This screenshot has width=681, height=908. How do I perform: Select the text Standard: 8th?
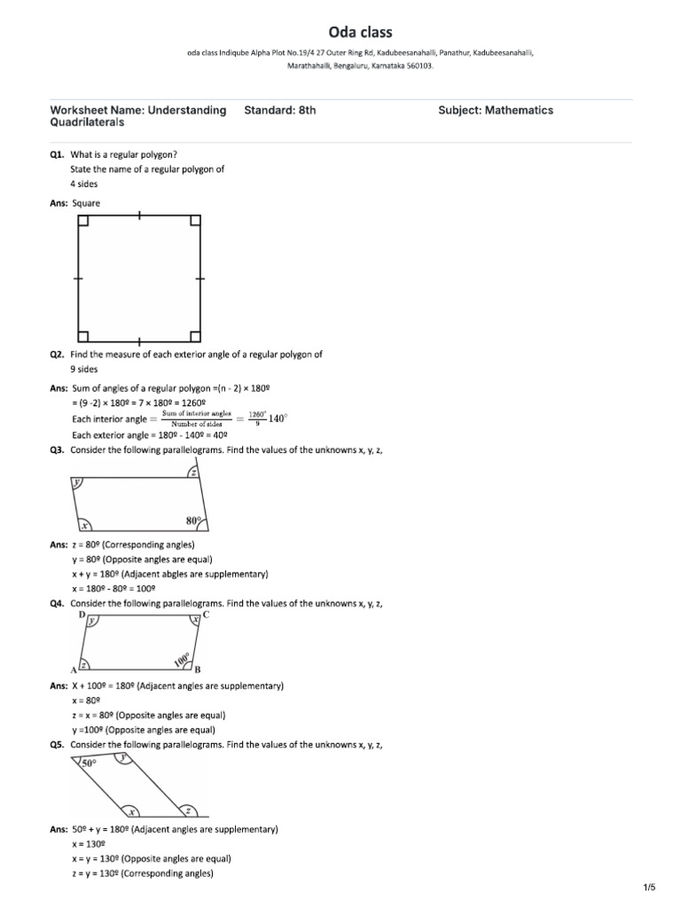[x=279, y=111]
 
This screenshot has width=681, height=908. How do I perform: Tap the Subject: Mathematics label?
[x=496, y=111]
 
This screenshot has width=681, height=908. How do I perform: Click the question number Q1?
[x=59, y=153]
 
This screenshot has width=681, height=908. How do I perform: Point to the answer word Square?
[x=86, y=203]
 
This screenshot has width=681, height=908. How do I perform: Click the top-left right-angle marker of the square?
[x=83, y=221]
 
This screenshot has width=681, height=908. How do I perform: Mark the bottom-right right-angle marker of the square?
[x=194, y=335]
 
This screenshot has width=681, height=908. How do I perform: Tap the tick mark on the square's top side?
[x=139, y=215]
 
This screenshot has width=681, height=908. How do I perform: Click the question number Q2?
[x=59, y=354]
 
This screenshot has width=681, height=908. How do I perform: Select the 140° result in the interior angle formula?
[x=278, y=419]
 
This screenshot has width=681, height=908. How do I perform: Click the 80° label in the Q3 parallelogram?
[x=193, y=521]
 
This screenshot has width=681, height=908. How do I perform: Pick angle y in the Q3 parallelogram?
[x=78, y=483]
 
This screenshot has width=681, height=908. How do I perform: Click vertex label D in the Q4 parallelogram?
[x=82, y=614]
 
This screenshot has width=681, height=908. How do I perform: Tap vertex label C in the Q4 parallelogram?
[x=206, y=614]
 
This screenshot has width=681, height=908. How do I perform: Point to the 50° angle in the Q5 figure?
[x=89, y=763]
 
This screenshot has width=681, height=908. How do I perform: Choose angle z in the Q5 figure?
[x=187, y=810]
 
